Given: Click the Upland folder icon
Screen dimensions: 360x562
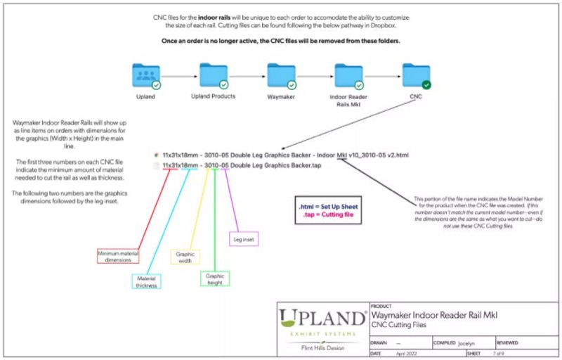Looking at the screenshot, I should click(x=145, y=75).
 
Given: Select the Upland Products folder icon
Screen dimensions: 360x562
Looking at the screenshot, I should click(x=212, y=75).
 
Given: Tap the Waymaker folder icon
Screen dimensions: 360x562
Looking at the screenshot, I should click(x=280, y=75).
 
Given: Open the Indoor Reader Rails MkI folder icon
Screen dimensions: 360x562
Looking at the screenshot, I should click(x=348, y=75).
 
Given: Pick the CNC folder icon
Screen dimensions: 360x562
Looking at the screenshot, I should click(x=415, y=75).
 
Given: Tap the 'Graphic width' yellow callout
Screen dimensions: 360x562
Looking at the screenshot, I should click(x=185, y=257).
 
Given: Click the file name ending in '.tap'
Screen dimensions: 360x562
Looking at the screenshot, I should click(x=242, y=165).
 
